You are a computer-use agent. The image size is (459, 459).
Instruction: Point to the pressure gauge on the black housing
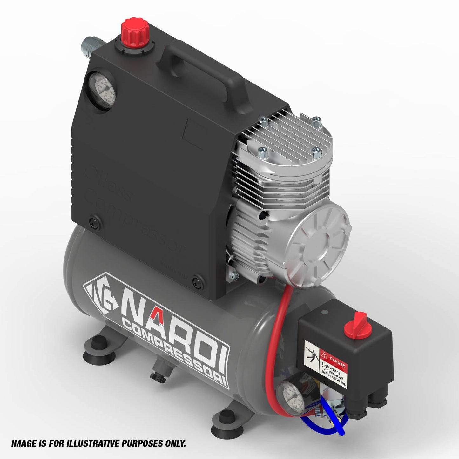[101, 91]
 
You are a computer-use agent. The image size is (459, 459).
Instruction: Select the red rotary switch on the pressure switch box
[355, 324]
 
